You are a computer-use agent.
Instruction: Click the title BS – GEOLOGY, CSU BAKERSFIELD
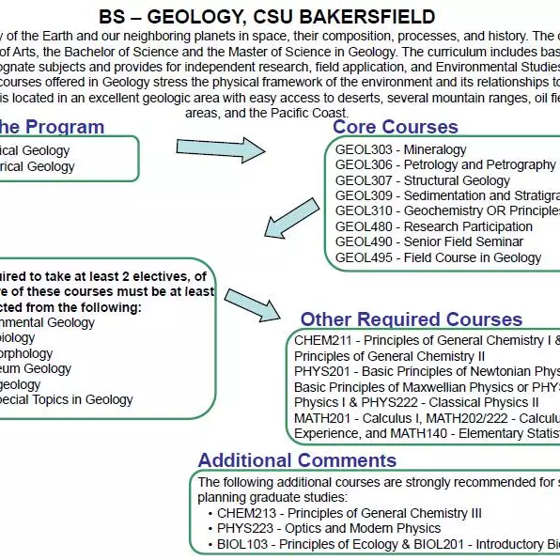tap(267, 17)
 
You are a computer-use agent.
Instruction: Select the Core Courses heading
tap(396, 127)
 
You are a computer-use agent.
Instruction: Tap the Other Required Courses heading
tap(412, 319)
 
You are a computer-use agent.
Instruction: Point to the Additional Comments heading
tap(297, 460)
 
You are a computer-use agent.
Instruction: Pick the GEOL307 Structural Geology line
tap(423, 180)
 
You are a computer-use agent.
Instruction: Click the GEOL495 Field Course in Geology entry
tap(439, 257)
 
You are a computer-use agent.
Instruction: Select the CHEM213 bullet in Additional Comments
tap(349, 513)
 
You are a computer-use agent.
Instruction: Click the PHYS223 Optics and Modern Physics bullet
tap(329, 529)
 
